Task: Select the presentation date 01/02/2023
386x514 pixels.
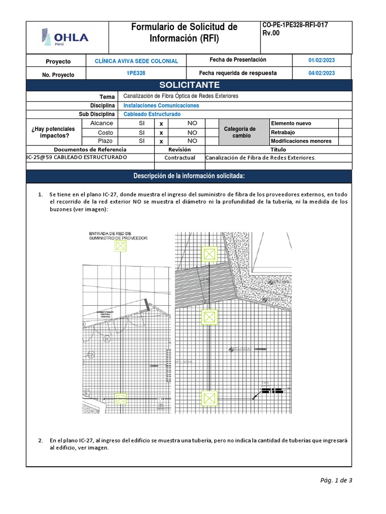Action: click(322, 60)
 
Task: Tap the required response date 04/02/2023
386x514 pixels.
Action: click(322, 73)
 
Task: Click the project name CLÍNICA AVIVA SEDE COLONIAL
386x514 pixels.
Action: click(136, 61)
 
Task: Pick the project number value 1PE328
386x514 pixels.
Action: click(136, 73)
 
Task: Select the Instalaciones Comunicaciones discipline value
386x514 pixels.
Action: click(161, 105)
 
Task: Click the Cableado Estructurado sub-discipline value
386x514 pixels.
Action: click(152, 114)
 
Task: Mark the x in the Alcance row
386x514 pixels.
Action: click(161, 123)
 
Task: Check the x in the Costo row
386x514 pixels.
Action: click(161, 133)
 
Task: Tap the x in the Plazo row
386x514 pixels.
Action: click(161, 142)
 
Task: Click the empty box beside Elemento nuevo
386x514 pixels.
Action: click(345, 123)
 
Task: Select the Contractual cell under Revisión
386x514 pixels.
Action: click(179, 158)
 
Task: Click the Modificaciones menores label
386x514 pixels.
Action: click(301, 141)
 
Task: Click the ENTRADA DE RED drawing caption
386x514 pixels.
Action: click(118, 236)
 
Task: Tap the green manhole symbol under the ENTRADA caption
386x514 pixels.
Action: click(120, 246)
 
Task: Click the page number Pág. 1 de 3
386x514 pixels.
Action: click(336, 480)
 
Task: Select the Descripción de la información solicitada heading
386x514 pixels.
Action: click(189, 176)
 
